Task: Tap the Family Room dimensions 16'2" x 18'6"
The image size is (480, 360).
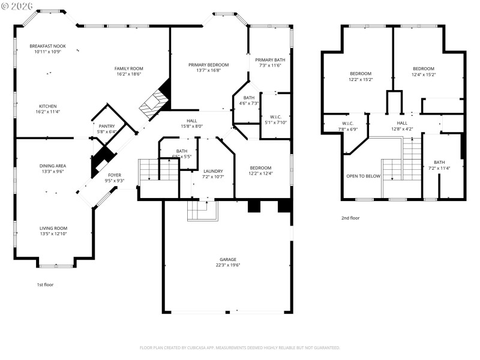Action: click(x=128, y=74)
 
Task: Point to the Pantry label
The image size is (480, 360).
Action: click(x=107, y=126)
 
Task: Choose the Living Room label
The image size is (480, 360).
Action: click(x=53, y=228)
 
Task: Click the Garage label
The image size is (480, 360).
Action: click(x=227, y=259)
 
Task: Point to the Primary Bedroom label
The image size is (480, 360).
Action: click(x=208, y=64)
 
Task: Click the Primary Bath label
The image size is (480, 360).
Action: click(x=270, y=59)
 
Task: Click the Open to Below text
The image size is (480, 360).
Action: click(x=364, y=176)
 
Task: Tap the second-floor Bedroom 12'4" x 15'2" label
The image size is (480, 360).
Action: click(x=424, y=74)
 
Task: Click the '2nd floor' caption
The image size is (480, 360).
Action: click(x=350, y=218)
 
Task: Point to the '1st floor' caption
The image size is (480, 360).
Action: click(x=46, y=284)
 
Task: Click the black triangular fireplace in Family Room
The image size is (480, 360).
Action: click(x=165, y=92)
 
